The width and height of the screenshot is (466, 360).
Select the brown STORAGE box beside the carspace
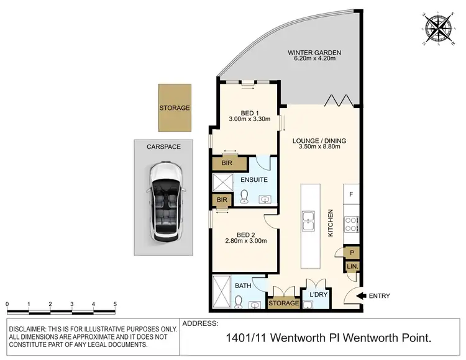tap(175, 108)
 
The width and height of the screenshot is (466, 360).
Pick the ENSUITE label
tap(255, 180)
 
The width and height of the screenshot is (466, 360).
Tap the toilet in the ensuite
tap(244, 198)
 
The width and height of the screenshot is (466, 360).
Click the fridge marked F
tap(351, 194)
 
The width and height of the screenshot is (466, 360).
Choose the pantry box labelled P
tap(352, 252)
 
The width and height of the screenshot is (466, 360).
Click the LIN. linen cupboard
tap(352, 267)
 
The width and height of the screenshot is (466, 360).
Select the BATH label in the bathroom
tap(244, 286)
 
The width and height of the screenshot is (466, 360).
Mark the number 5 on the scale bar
tap(115, 304)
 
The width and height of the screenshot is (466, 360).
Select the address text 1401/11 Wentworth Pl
tap(285, 340)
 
